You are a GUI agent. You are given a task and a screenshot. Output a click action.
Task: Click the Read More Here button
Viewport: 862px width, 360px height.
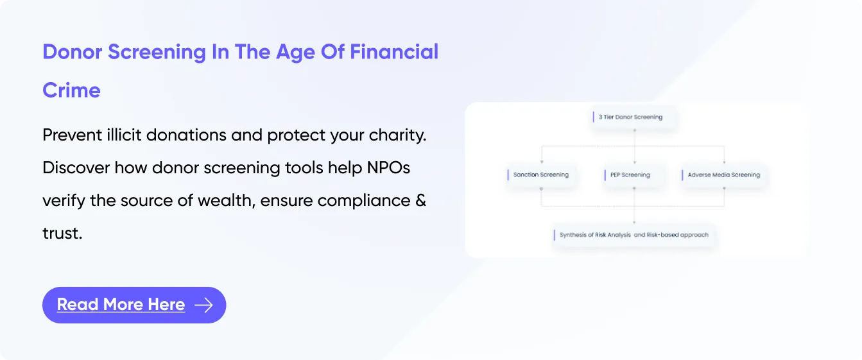point(134,305)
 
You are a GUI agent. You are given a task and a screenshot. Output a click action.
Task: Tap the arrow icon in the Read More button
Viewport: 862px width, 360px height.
point(203,305)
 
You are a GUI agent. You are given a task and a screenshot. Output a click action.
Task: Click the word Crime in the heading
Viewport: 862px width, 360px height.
point(71,90)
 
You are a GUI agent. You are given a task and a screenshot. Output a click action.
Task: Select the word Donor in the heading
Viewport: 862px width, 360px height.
point(73,52)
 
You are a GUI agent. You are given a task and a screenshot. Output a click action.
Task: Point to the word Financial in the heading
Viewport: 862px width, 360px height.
point(394,52)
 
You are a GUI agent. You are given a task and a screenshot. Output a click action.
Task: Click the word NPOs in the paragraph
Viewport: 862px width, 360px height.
point(388,168)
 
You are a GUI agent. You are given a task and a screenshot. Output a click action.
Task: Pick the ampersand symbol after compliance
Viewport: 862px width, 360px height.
point(420,201)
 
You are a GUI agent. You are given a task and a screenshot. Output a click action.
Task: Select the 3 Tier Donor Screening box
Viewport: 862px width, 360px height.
point(634,117)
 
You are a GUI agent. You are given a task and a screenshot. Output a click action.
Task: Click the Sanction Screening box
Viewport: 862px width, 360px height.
point(541,175)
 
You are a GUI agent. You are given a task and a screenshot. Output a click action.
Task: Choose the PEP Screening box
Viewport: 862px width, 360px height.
point(634,175)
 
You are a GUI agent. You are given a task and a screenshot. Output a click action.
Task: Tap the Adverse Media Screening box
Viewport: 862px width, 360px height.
point(723,175)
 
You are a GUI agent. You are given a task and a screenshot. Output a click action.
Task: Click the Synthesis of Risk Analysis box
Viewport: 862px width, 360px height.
point(634,235)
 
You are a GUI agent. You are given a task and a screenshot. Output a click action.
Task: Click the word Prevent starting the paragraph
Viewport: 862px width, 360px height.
point(73,135)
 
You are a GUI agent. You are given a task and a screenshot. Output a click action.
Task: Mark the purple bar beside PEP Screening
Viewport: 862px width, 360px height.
point(605,175)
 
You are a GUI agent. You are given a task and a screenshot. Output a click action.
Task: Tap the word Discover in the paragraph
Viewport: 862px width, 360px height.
point(76,168)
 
